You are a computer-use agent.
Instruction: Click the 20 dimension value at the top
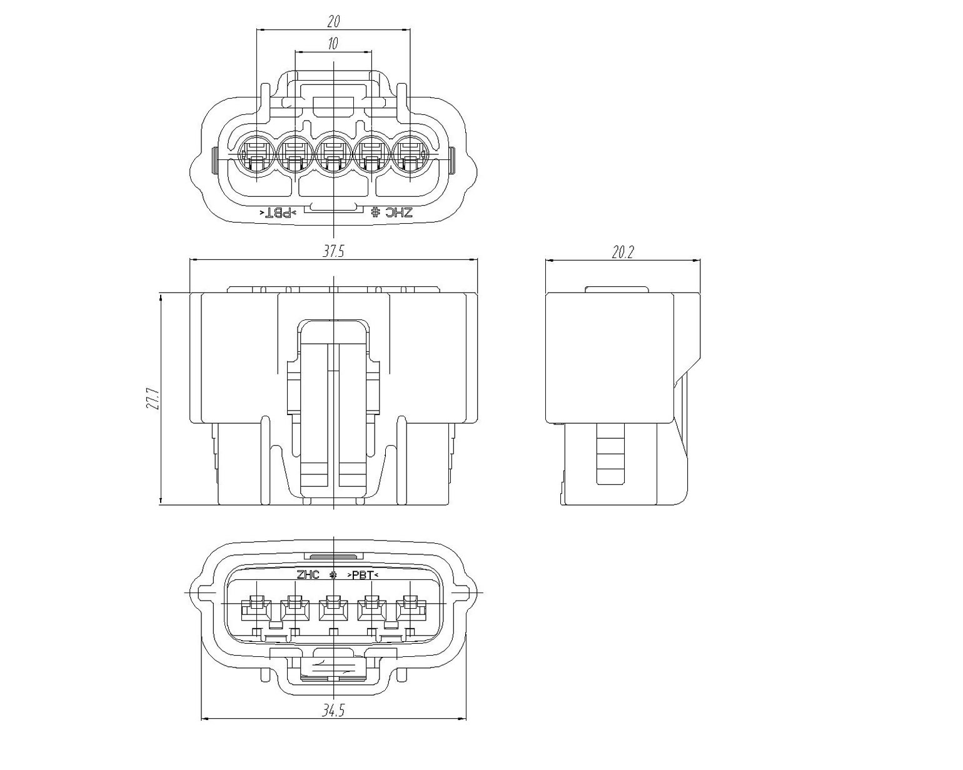[x=334, y=21]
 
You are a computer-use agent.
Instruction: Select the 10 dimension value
[x=333, y=43]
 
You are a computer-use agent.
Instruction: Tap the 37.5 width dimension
[x=334, y=251]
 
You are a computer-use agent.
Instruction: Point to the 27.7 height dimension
[x=152, y=399]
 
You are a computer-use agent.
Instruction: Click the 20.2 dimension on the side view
[x=623, y=252]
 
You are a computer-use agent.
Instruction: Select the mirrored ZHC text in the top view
[x=391, y=212]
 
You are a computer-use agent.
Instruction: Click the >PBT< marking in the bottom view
[x=363, y=575]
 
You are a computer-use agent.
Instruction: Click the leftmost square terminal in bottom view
[x=256, y=608]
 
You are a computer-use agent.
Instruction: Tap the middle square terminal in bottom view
[x=334, y=608]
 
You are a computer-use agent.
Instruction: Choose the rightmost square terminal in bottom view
[x=411, y=608]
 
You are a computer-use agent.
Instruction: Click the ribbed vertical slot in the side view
[x=610, y=454]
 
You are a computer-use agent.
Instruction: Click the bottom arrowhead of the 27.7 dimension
[x=160, y=502]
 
